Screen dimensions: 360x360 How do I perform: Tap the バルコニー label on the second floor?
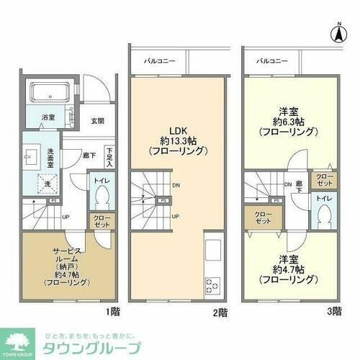pos(158,61)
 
